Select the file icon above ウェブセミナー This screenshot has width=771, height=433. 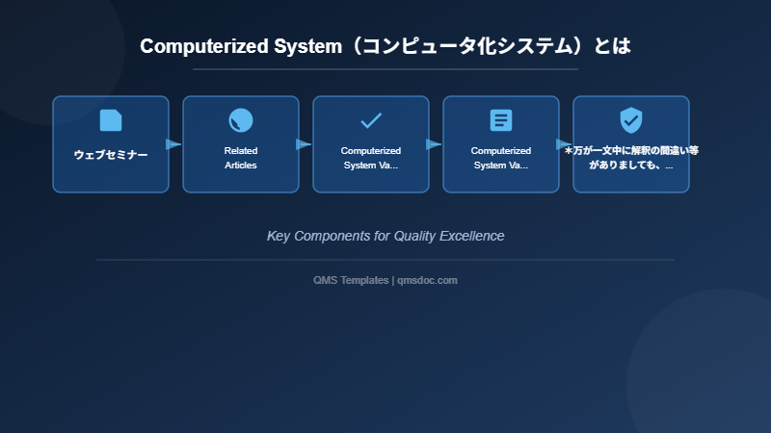pos(111,120)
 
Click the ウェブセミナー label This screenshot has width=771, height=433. pos(111,155)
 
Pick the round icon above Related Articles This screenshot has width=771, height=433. pos(241,120)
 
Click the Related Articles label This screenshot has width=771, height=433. pos(241,158)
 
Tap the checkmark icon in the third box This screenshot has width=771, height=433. pos(371,120)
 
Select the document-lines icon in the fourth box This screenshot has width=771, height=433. pos(501,120)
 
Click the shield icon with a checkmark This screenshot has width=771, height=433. pos(631,120)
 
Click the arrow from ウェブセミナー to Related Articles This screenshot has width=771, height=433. pos(173,144)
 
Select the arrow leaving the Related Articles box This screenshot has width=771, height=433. pos(304,144)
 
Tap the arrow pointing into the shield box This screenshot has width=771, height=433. pos(565,144)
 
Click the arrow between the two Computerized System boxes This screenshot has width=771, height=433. pos(434,144)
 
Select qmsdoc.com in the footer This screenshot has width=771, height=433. pos(427,280)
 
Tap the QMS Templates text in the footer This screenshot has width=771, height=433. pos(351,280)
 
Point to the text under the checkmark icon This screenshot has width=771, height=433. pos(371,158)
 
